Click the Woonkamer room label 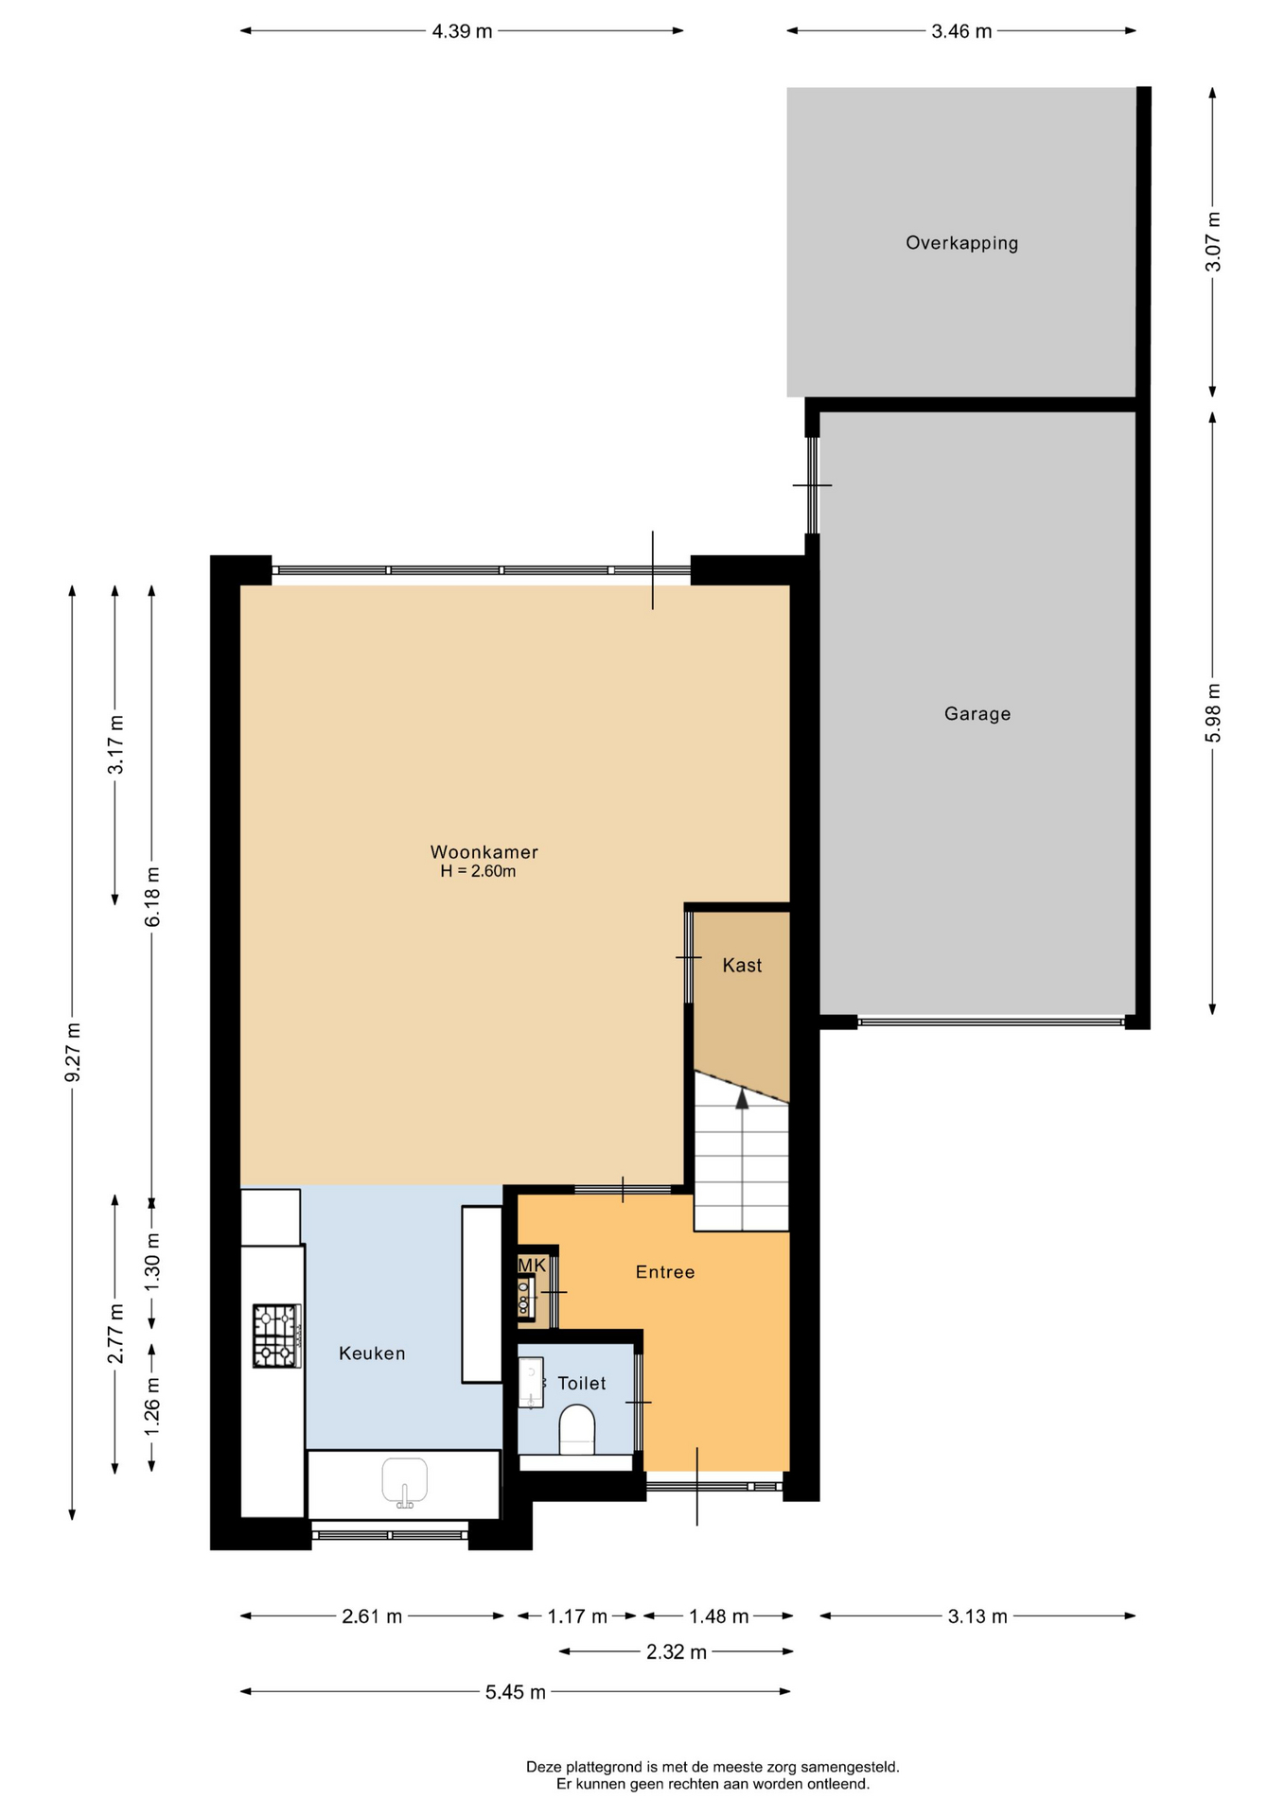(x=484, y=852)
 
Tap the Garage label (x=977, y=714)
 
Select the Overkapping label (x=961, y=243)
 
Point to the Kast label (x=742, y=965)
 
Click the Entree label (x=665, y=1272)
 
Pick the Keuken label (x=372, y=1353)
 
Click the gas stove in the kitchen (x=276, y=1336)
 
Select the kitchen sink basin (x=404, y=1481)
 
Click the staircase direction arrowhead (x=742, y=1098)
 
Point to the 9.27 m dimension (x=73, y=1052)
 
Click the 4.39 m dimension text (x=462, y=31)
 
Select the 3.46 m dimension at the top (x=961, y=31)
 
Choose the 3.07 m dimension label (x=1213, y=242)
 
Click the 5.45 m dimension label (x=516, y=1692)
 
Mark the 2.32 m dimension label (x=677, y=1652)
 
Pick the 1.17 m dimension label (x=577, y=1616)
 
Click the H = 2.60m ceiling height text (x=478, y=871)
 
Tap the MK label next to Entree (x=532, y=1265)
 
